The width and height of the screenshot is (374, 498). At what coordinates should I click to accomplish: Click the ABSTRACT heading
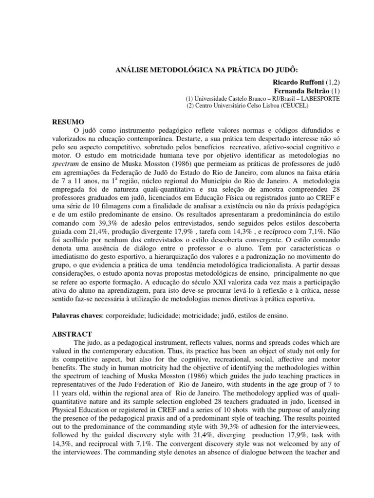pos(72,335)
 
